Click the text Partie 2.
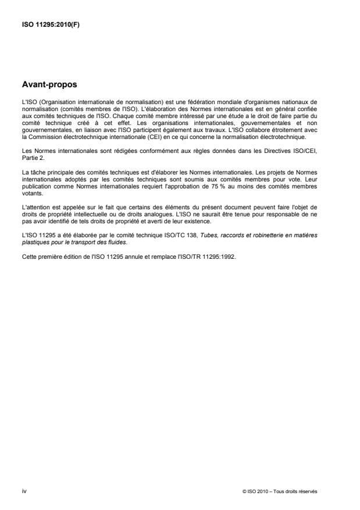click(x=30, y=154)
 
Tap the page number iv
click(x=23, y=491)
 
